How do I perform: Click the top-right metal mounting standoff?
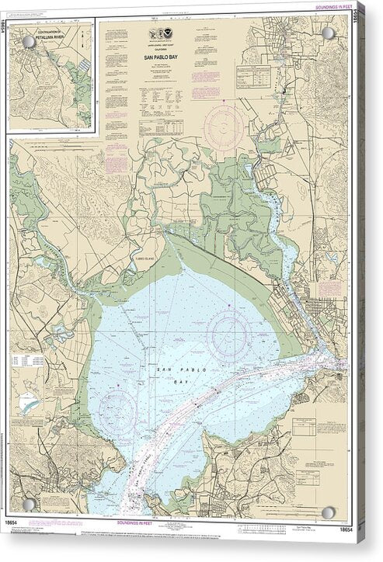tap(328, 33)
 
